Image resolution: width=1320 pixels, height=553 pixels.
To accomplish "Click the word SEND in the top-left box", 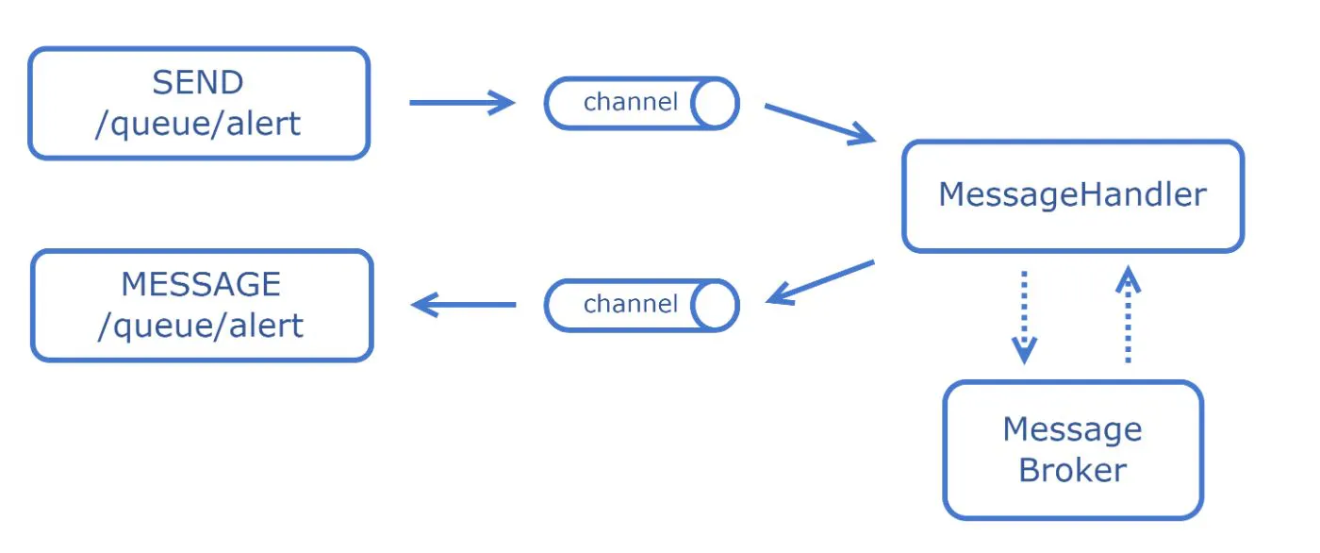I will click(x=197, y=83).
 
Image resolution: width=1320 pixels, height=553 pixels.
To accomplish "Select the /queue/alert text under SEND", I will click(x=197, y=123).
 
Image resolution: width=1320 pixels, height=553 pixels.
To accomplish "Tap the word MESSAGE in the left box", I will click(x=201, y=284).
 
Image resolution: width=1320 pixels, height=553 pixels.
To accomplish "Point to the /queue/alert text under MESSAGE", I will click(x=201, y=326).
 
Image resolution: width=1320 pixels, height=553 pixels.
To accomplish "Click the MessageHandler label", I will click(x=1072, y=195).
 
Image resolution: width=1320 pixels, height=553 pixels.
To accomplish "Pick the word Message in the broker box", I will click(x=1072, y=429).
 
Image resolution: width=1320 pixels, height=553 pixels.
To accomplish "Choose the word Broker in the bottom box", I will click(x=1072, y=470).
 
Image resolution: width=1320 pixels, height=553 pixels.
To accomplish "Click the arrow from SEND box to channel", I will click(x=462, y=103).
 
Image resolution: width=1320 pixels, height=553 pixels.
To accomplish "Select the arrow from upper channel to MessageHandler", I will click(x=819, y=124).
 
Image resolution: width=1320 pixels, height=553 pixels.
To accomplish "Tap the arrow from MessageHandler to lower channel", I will click(x=820, y=282).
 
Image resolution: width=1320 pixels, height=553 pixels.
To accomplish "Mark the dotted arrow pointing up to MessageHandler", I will click(x=1128, y=316).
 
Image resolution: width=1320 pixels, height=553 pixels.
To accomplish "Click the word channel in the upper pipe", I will click(x=630, y=102).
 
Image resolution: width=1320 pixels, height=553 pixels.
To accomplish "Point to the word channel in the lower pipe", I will click(x=630, y=304).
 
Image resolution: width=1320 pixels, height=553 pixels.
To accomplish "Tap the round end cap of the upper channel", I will click(x=715, y=103).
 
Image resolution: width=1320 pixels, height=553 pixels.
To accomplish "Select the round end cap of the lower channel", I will click(x=715, y=305).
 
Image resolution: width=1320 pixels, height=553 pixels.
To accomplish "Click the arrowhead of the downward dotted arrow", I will click(x=1024, y=352).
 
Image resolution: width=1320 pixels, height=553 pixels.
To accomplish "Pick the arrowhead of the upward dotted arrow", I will click(x=1128, y=277).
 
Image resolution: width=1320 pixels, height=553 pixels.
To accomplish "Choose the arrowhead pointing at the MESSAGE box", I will click(x=424, y=304).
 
